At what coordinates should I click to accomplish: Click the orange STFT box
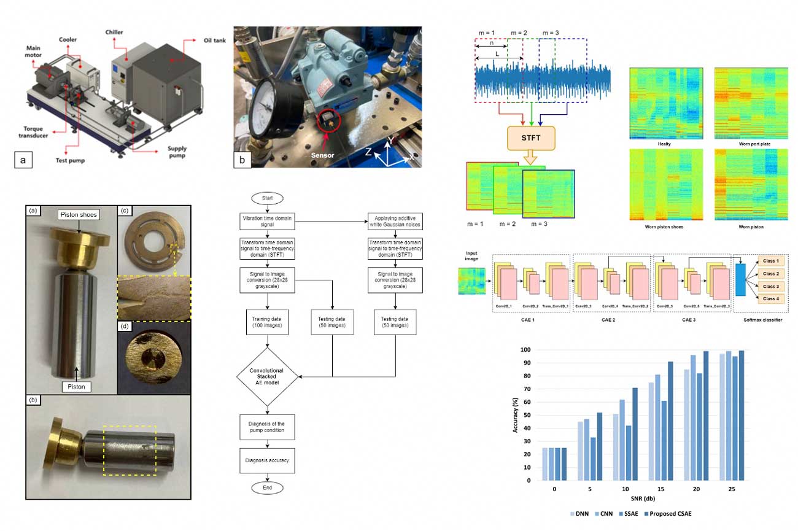pos(531,138)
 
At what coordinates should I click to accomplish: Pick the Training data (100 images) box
pos(267,322)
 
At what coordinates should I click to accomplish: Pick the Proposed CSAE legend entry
pos(671,513)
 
